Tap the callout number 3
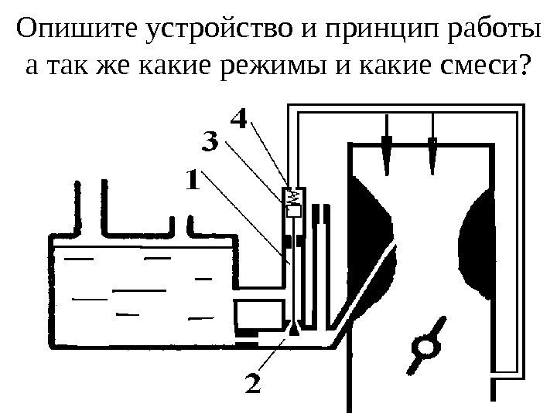pos(210,143)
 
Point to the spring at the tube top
pos(293,198)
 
